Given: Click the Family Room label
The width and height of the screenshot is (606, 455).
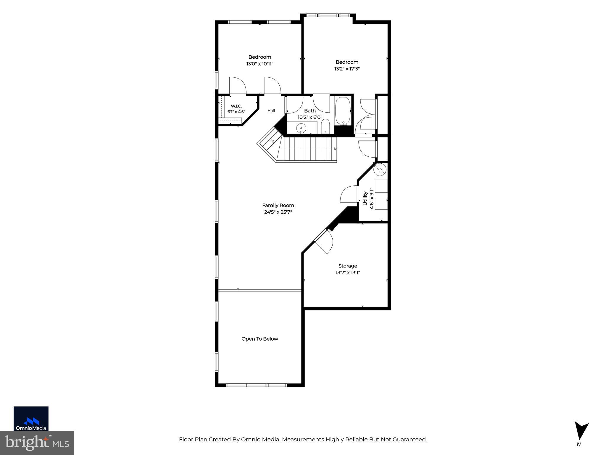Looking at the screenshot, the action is coord(278,205).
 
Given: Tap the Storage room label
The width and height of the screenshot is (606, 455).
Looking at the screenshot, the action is coord(348,266).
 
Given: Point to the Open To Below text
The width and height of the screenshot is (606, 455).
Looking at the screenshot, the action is coord(260,339).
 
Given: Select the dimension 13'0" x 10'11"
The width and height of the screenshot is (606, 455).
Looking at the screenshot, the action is coord(260,64).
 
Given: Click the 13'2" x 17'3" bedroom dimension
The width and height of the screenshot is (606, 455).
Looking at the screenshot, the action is coord(347,69).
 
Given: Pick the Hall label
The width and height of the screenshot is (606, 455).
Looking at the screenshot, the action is coord(271,111).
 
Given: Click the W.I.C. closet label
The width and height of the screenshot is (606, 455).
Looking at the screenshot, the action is coord(236,106).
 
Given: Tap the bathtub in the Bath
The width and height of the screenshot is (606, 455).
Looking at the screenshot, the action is coord(343,111).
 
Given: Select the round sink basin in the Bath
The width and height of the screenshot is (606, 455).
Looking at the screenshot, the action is coord(301,128).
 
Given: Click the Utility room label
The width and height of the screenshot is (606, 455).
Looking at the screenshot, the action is coord(365,198).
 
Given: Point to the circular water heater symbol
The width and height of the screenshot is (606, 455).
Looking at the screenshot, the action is coord(380,169).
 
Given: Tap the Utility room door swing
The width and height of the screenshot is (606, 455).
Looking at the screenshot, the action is coord(349,194).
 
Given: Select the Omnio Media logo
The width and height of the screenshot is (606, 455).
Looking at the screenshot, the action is coord(31,418).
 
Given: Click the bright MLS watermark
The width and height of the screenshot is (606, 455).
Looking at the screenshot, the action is coord(37,443).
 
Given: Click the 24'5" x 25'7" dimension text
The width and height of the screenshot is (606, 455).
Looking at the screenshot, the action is coord(278,212).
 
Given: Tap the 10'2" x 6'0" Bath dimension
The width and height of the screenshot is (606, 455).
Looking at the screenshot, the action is coord(310,117).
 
